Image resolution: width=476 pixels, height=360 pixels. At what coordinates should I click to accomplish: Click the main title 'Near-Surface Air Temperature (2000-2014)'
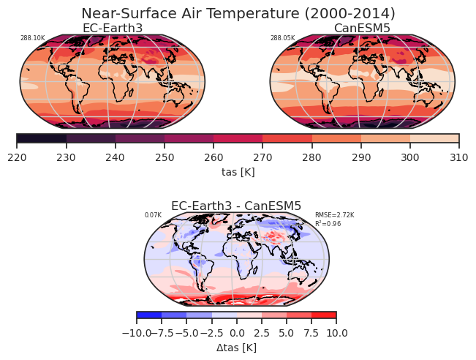coord(238,14)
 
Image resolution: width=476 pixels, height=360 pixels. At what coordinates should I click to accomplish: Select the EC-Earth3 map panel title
coord(112,28)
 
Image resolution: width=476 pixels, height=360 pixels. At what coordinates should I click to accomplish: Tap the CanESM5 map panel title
coord(362,28)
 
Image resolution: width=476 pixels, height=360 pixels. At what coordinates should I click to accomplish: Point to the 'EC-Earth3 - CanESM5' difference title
coord(236,206)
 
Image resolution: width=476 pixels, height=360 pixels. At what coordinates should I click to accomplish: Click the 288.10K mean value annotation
coord(32,38)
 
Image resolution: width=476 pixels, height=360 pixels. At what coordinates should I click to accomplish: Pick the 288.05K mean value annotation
coord(282,38)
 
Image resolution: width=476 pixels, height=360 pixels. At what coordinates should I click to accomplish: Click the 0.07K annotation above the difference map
coord(153,215)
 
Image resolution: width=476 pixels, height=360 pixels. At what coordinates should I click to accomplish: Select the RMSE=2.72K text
coord(334,215)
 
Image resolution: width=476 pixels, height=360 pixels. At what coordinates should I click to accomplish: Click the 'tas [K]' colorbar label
coord(238,171)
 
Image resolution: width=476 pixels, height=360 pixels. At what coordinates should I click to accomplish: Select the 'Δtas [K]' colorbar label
coord(236,347)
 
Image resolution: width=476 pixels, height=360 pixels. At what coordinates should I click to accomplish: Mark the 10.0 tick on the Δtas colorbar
coord(336,333)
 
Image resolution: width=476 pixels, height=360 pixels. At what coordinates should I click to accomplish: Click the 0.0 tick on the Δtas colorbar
coord(236,333)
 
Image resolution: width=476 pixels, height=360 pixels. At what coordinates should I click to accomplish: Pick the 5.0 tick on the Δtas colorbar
coord(287,333)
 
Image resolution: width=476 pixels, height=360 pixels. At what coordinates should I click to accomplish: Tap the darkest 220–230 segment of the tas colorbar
coord(42,138)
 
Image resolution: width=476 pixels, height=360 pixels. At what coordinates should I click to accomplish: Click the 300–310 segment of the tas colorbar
coord(434,138)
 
